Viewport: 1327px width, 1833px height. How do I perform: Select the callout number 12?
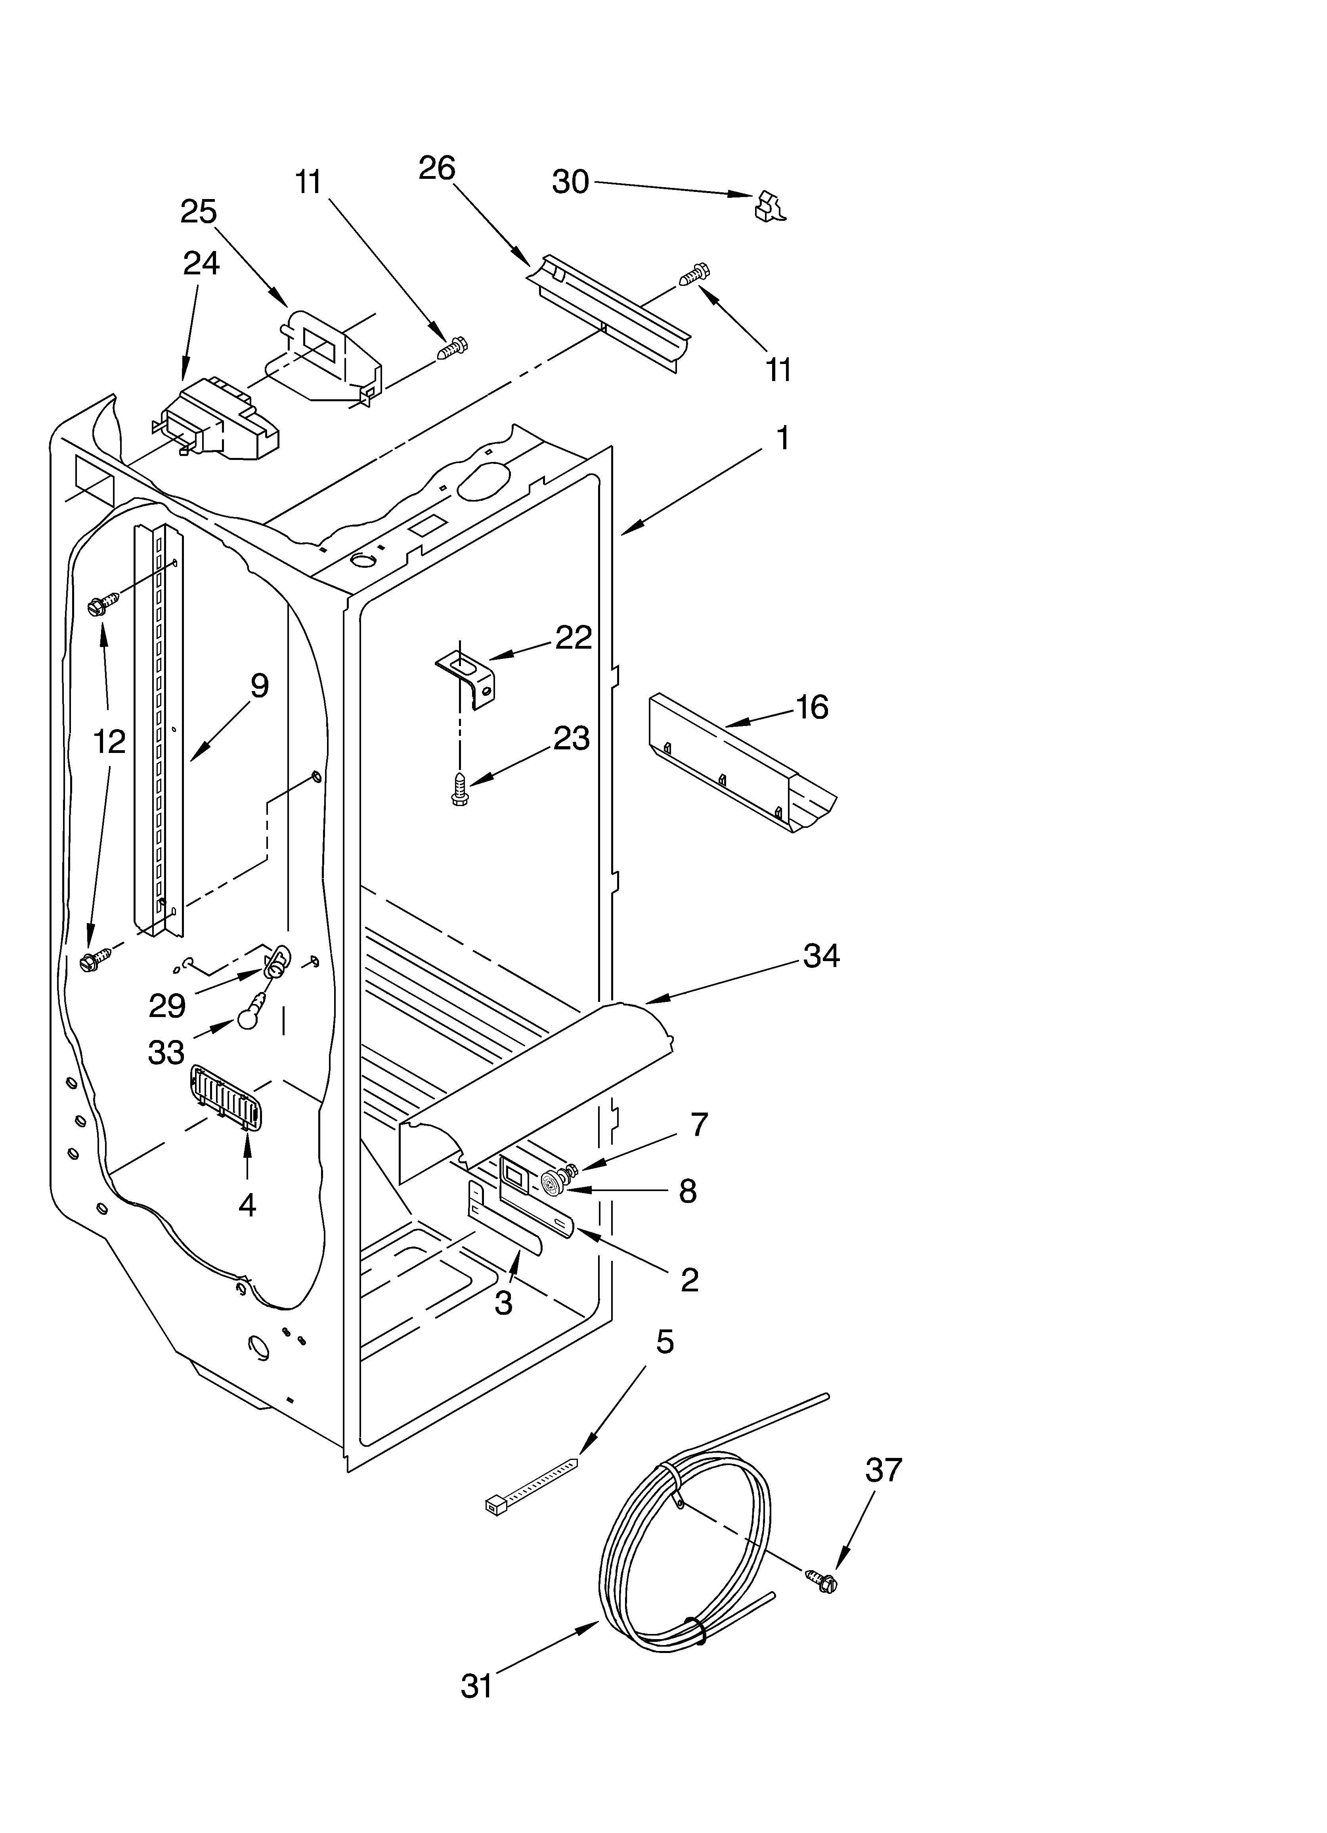[109, 741]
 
